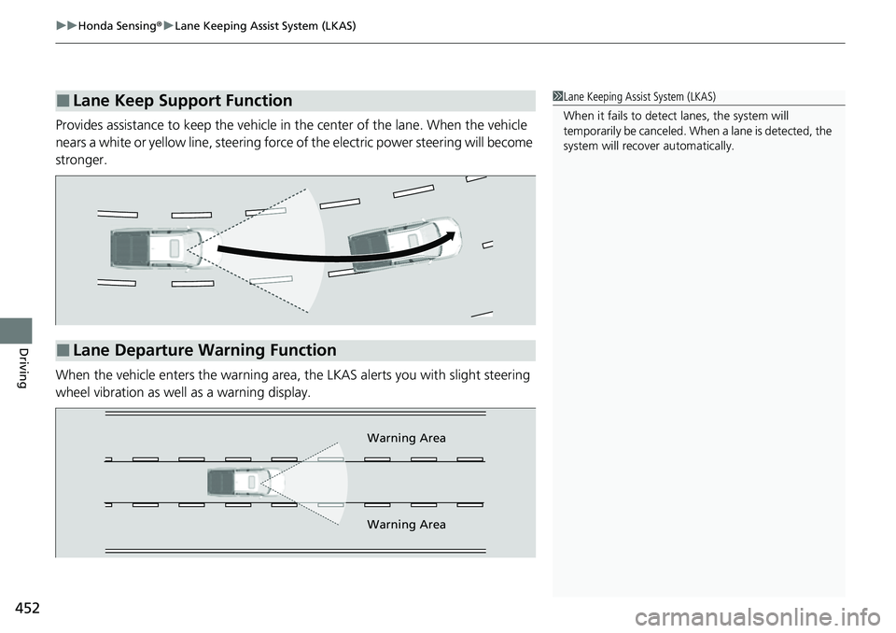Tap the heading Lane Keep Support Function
point(182,101)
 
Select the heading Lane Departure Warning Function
point(203,351)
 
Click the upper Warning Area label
point(406,438)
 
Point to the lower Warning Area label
point(406,525)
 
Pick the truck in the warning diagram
point(239,482)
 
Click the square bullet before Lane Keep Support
point(62,101)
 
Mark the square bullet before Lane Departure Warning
point(62,351)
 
